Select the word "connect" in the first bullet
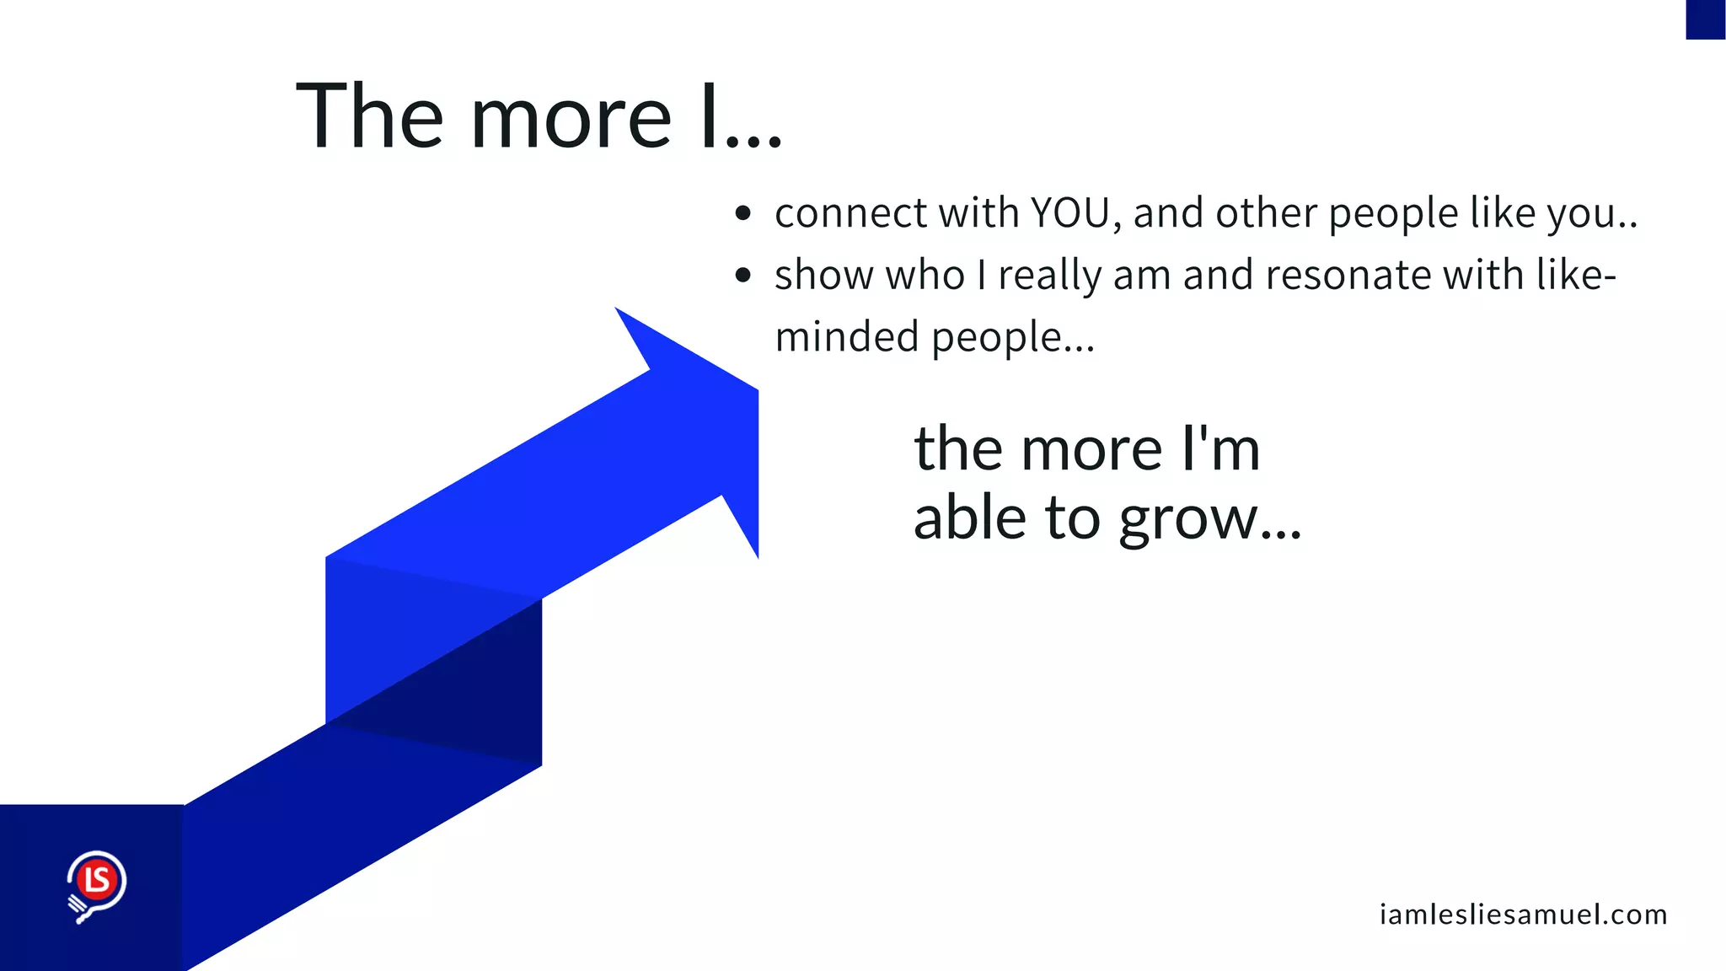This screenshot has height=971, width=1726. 850,213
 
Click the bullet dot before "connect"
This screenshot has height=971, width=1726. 742,213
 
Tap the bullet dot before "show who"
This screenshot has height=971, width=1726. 742,275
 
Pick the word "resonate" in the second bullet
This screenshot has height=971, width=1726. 1347,276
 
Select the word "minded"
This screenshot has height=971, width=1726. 846,336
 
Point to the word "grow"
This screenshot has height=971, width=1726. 1188,519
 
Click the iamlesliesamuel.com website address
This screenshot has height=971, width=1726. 1523,915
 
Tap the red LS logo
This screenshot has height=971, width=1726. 97,881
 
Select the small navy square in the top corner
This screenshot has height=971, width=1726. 1705,19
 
